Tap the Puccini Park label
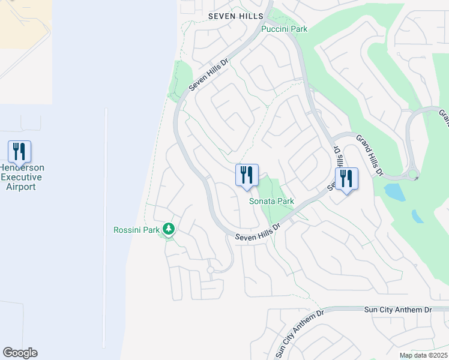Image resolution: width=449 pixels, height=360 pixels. [284, 28]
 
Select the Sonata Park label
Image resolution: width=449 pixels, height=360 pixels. [271, 201]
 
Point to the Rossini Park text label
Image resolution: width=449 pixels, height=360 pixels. [136, 230]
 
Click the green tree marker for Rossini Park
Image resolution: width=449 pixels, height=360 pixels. [169, 229]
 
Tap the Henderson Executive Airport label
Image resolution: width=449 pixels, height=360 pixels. [22, 177]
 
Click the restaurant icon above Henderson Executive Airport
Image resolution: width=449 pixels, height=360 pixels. [19, 151]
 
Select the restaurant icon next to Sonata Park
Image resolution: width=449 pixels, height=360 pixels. [247, 175]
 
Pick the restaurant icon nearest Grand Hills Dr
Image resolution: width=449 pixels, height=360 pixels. [346, 179]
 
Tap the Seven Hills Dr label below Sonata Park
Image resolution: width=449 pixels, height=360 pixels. [258, 233]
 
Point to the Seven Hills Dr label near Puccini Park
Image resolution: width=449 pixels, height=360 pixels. [209, 74]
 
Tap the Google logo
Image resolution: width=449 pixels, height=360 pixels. [20, 353]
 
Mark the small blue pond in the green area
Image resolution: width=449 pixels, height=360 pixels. [394, 192]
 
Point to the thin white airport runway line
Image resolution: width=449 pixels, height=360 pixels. [106, 228]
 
